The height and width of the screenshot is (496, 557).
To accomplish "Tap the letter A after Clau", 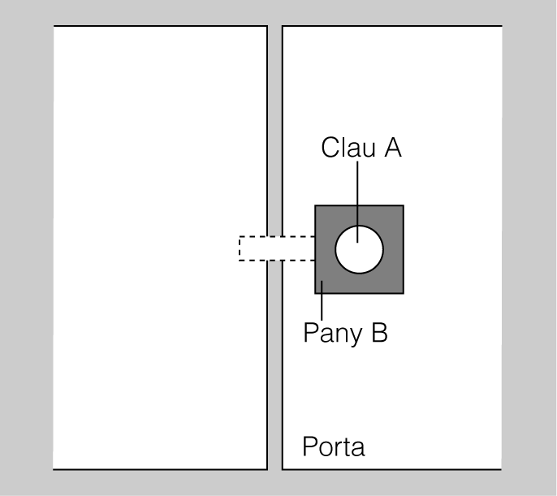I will click(x=392, y=148).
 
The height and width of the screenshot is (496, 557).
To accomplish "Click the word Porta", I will click(x=333, y=447).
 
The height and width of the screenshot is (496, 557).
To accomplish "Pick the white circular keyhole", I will click(x=359, y=250).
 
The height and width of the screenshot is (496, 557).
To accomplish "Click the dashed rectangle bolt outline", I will click(x=276, y=248).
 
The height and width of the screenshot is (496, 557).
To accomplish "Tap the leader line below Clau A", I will click(x=358, y=195).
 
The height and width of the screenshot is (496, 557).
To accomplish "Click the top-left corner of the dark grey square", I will click(x=316, y=206).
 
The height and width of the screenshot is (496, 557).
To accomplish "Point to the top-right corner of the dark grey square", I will click(x=403, y=206).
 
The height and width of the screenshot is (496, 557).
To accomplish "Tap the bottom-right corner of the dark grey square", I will click(x=403, y=293).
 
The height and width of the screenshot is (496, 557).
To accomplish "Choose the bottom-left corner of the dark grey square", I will click(x=316, y=293).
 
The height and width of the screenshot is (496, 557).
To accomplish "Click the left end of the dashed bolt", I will click(x=240, y=248).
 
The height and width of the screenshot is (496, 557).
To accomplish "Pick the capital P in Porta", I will click(x=309, y=446).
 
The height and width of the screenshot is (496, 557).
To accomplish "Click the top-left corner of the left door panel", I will click(x=54, y=27).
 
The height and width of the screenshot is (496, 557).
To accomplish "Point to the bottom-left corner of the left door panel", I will click(x=54, y=468).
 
